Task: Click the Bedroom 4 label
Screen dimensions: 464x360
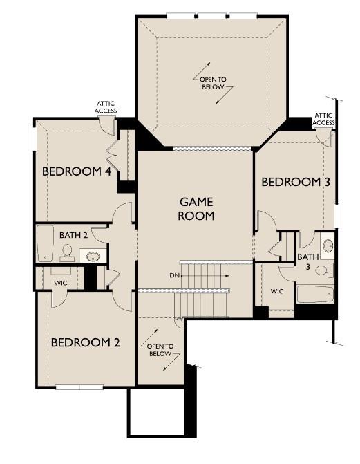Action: coord(77,171)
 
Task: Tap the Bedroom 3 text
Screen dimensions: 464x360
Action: coord(295,182)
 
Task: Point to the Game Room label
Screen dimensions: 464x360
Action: coord(196,209)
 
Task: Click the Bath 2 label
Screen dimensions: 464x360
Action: coord(73,235)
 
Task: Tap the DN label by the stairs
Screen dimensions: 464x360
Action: coord(174,275)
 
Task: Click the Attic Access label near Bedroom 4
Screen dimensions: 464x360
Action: coord(106,107)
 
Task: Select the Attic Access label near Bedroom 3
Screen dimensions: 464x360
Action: coord(324,119)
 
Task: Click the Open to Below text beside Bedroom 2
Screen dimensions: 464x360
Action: coord(160,350)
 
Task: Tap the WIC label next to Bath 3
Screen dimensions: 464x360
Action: coord(277,291)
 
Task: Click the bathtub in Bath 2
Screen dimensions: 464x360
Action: coord(46,243)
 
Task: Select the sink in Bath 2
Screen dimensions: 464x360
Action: coord(93,257)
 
